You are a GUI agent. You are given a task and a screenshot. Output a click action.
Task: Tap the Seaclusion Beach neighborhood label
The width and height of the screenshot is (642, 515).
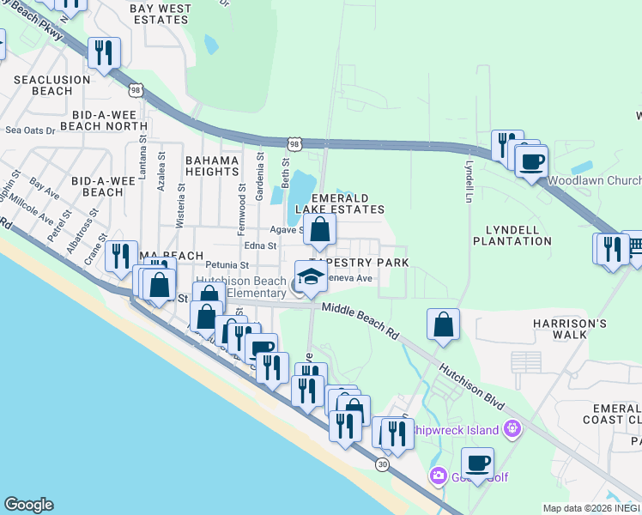tap(51, 85)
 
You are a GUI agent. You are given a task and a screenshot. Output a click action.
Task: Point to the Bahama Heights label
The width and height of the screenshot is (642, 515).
tap(211, 167)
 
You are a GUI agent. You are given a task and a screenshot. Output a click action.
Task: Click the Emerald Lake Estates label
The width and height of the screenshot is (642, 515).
tap(339, 203)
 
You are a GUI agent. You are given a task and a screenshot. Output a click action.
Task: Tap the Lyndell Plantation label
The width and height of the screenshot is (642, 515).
tap(512, 235)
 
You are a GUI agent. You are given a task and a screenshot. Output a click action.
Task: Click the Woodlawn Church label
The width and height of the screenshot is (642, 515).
tap(593, 181)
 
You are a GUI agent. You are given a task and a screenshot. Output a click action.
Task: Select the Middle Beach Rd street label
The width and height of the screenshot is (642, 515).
tap(361, 319)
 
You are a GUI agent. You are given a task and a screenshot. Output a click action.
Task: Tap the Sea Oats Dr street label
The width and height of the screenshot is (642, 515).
tap(30, 130)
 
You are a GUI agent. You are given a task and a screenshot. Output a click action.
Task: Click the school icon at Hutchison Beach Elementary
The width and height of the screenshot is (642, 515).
tap(311, 277)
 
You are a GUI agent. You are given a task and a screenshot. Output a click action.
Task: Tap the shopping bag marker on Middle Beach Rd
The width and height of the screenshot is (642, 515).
tap(443, 324)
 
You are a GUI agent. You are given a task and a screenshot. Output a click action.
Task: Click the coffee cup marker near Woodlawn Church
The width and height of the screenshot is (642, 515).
tap(532, 161)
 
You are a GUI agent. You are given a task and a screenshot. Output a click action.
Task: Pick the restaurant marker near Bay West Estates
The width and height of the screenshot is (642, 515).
tap(104, 53)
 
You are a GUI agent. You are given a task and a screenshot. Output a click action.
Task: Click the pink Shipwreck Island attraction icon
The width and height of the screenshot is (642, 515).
tap(512, 427)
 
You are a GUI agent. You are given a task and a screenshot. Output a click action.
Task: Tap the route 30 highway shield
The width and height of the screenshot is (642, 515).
tap(381, 463)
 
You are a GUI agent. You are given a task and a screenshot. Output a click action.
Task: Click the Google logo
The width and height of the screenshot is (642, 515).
tap(28, 505)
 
